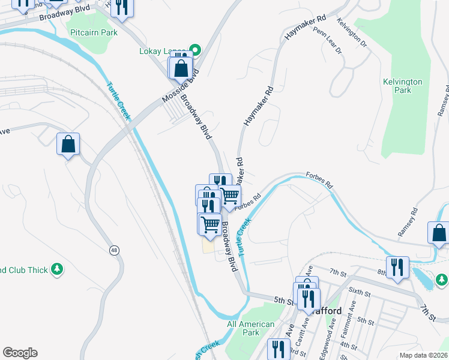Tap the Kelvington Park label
[403, 86]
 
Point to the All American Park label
[251, 328]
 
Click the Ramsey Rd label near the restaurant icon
[408, 222]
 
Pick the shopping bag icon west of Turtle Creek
[68, 144]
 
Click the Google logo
[20, 353]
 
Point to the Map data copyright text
[424, 355]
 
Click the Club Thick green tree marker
[57, 269]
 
